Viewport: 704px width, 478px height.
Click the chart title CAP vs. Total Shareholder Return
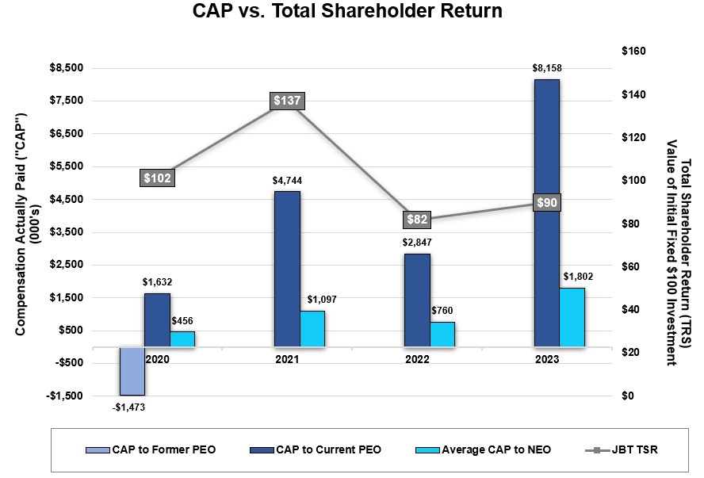click(x=347, y=13)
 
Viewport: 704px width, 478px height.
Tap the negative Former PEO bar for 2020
click(x=132, y=371)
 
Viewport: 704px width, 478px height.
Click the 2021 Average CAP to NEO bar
click(x=312, y=328)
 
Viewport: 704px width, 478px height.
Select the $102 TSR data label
click(x=157, y=178)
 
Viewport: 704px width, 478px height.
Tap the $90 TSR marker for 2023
click(x=546, y=202)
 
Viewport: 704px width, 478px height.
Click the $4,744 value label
click(x=287, y=181)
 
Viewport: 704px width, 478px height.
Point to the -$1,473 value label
click(x=128, y=407)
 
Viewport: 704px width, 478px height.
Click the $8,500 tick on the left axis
click(x=67, y=68)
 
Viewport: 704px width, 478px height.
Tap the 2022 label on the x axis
click(x=417, y=359)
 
